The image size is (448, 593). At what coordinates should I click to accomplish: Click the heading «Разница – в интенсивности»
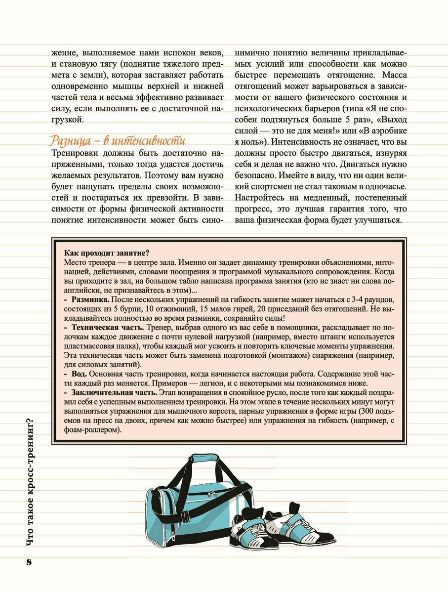tap(118, 140)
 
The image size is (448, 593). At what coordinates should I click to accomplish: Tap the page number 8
tap(29, 562)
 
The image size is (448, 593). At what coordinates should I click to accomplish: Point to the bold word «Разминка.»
tap(90, 300)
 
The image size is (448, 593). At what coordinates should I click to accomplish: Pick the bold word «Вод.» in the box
tap(80, 374)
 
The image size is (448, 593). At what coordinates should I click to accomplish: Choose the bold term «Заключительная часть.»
tap(114, 392)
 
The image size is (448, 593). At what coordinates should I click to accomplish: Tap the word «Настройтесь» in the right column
tap(260, 197)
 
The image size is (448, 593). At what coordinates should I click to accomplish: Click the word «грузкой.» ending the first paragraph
tap(68, 120)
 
